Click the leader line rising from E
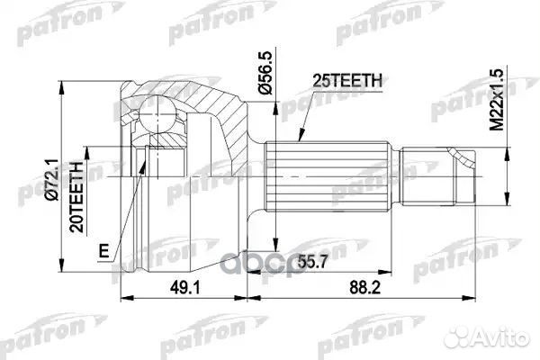tap(126, 207)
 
